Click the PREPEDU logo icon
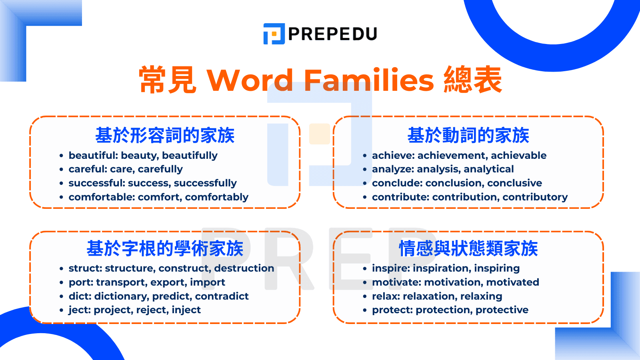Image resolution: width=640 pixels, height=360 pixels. (274, 34)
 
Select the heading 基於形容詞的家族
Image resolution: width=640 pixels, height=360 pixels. (165, 135)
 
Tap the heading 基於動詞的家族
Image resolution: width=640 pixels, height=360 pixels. (468, 135)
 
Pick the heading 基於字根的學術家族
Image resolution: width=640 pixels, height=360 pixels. (165, 248)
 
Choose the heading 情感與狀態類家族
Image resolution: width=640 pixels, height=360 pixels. (468, 248)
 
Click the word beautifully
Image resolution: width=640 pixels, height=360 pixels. (190, 156)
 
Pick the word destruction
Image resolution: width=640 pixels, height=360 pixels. (244, 268)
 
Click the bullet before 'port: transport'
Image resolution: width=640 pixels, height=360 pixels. (61, 283)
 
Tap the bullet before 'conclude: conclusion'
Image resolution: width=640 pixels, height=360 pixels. (364, 184)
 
